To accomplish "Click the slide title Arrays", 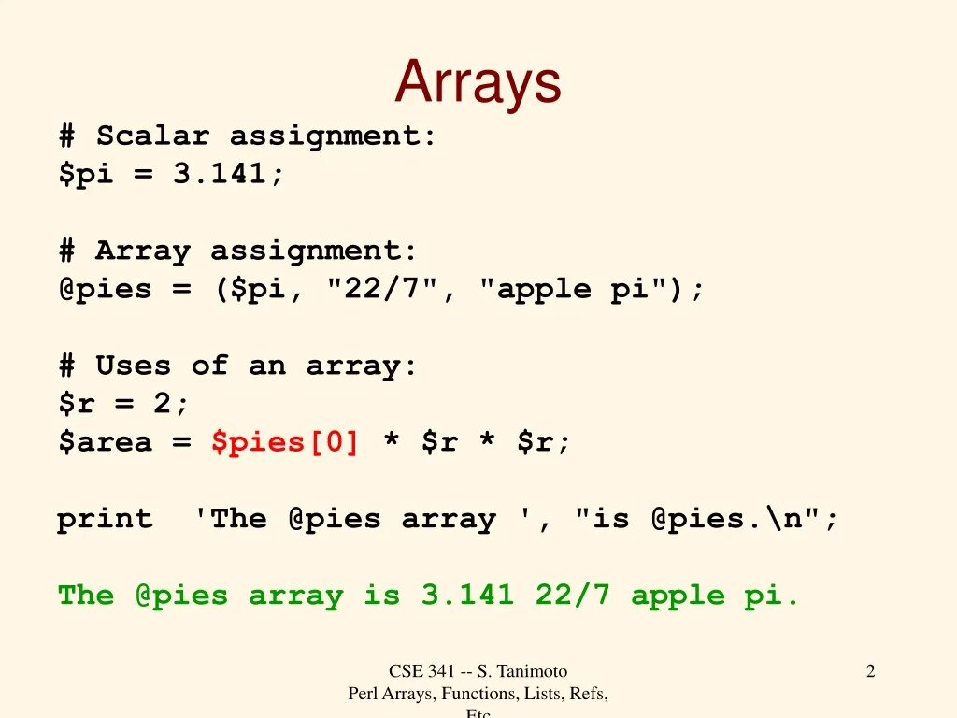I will pyautogui.click(x=478, y=82).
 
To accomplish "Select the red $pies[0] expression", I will pyautogui.click(x=285, y=442).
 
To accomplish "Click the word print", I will pyautogui.click(x=105, y=519).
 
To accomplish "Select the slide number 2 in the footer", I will pyautogui.click(x=870, y=670).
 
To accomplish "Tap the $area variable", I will pyautogui.click(x=105, y=442).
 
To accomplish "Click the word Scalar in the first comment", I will pyautogui.click(x=152, y=136).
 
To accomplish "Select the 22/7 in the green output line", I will pyautogui.click(x=572, y=596).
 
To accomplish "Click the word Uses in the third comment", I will pyautogui.click(x=133, y=366).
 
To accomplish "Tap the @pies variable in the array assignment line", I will pyautogui.click(x=105, y=289).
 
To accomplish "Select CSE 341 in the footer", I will pyautogui.click(x=421, y=670).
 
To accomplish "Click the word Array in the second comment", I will pyautogui.click(x=142, y=251).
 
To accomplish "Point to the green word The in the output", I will pyautogui.click(x=86, y=596).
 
